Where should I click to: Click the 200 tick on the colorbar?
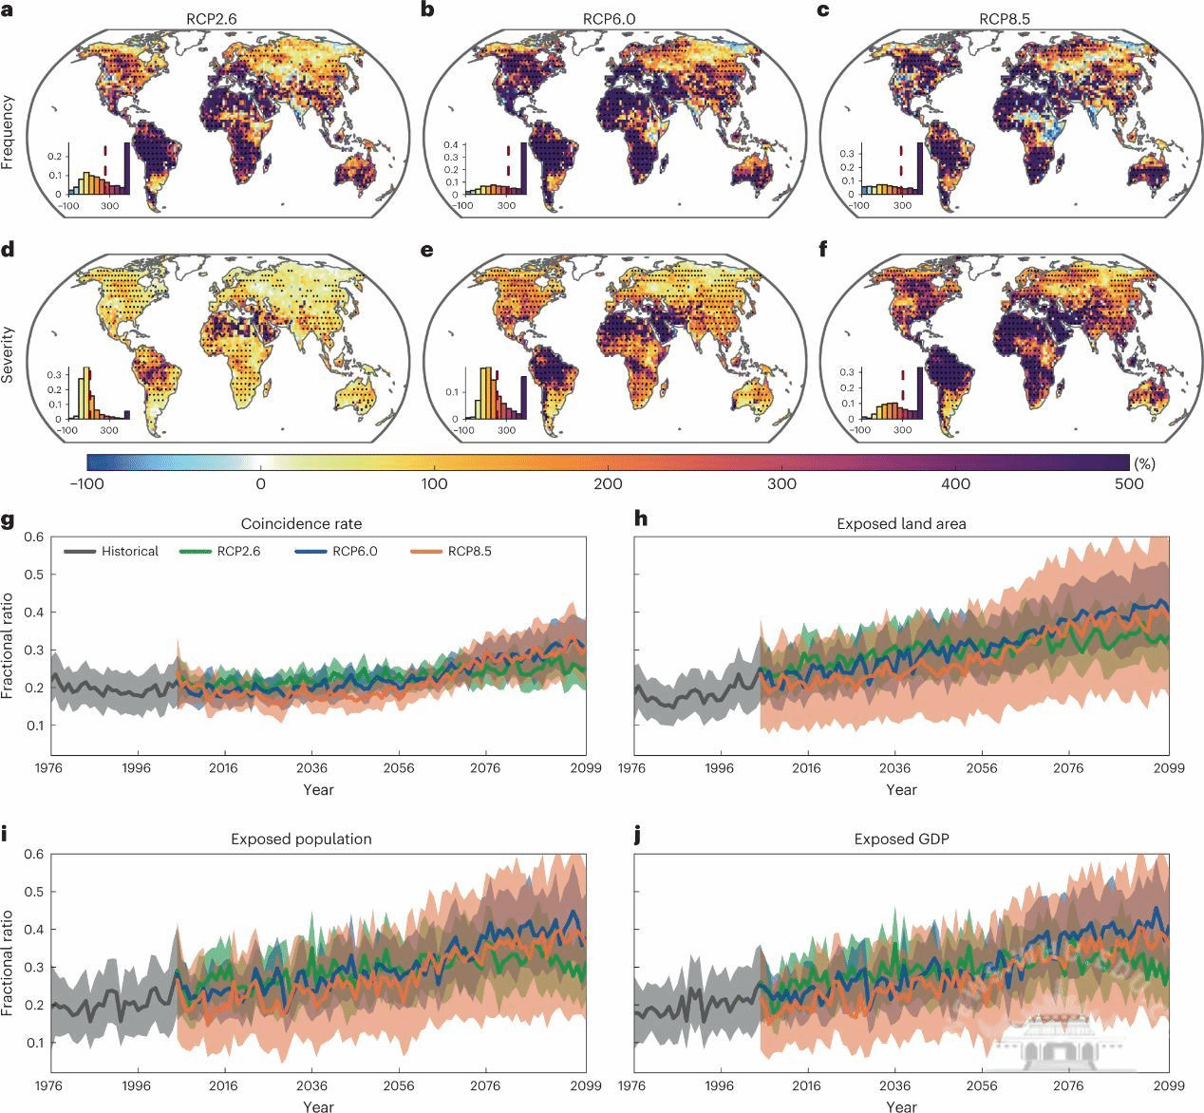tap(608, 483)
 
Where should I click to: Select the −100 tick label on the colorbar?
tap(86, 483)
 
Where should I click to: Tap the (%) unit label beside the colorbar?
tap(1144, 463)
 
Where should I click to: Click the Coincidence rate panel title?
tap(301, 523)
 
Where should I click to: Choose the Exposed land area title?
tap(901, 523)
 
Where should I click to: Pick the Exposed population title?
tap(301, 839)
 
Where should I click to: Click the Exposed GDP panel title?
tap(901, 839)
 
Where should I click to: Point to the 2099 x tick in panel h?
tap(1168, 767)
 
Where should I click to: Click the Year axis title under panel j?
tap(901, 1105)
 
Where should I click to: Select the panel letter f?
tap(822, 252)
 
